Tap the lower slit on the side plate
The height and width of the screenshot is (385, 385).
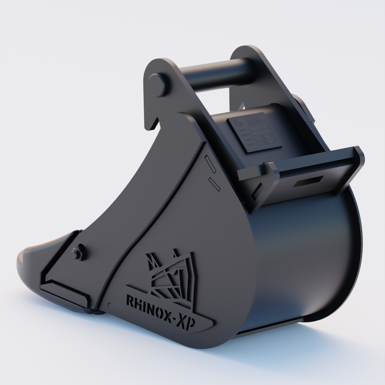pyautogui.click(x=214, y=184)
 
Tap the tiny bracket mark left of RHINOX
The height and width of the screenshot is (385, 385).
pyautogui.click(x=110, y=303)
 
